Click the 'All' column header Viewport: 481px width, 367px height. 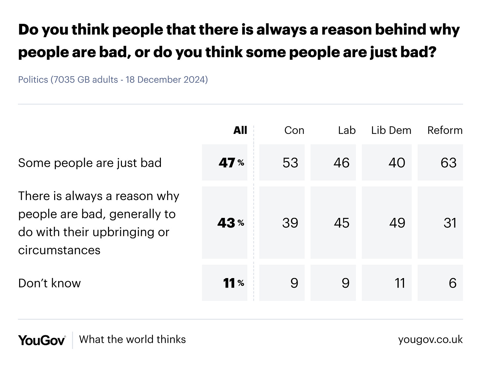pos(240,130)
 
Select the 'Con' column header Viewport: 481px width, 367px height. pos(294,130)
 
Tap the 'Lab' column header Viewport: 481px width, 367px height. pos(347,130)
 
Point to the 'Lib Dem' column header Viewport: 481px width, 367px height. pos(391,130)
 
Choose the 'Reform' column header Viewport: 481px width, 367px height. pos(445,130)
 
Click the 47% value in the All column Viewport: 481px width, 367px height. pos(231,163)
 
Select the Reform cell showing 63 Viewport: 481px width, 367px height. pos(448,163)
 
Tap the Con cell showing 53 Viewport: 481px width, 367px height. pos(290,163)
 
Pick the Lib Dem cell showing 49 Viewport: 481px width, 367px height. pos(397,223)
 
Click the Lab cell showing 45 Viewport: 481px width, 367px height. pos(341,223)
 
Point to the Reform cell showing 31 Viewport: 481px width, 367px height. pos(450,223)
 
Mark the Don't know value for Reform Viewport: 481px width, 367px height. pos(452,283)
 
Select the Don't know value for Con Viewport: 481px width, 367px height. pos(294,283)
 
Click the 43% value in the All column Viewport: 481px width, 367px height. pos(231,223)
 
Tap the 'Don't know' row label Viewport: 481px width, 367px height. pos(50,283)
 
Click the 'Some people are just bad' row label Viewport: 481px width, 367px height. pos(90,163)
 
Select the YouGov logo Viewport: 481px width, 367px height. pos(42,340)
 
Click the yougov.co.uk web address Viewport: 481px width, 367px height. pos(430,340)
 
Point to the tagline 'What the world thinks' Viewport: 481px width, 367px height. pos(132,340)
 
